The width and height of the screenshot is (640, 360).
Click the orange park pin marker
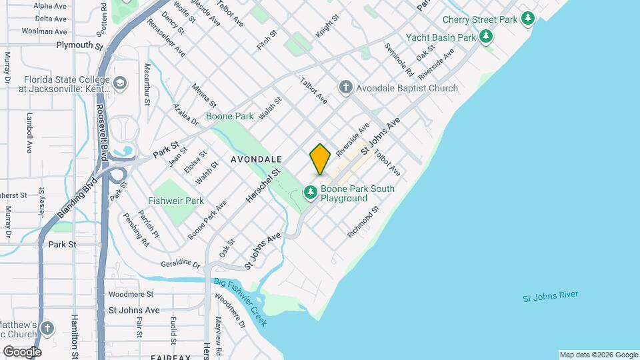click(320, 159)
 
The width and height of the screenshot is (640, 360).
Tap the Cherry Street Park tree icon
click(529, 18)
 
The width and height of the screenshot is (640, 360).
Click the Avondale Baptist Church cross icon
click(345, 87)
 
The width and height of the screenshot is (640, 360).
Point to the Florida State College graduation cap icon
click(120, 83)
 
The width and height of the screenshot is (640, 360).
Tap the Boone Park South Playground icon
click(310, 193)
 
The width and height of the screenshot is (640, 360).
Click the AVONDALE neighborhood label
click(257, 160)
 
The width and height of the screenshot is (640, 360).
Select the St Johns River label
click(551, 296)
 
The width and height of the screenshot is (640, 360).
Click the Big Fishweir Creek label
click(240, 302)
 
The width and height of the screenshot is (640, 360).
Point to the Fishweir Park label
click(176, 200)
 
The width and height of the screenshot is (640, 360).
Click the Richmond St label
click(363, 222)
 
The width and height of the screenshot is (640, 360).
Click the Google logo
click(22, 351)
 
